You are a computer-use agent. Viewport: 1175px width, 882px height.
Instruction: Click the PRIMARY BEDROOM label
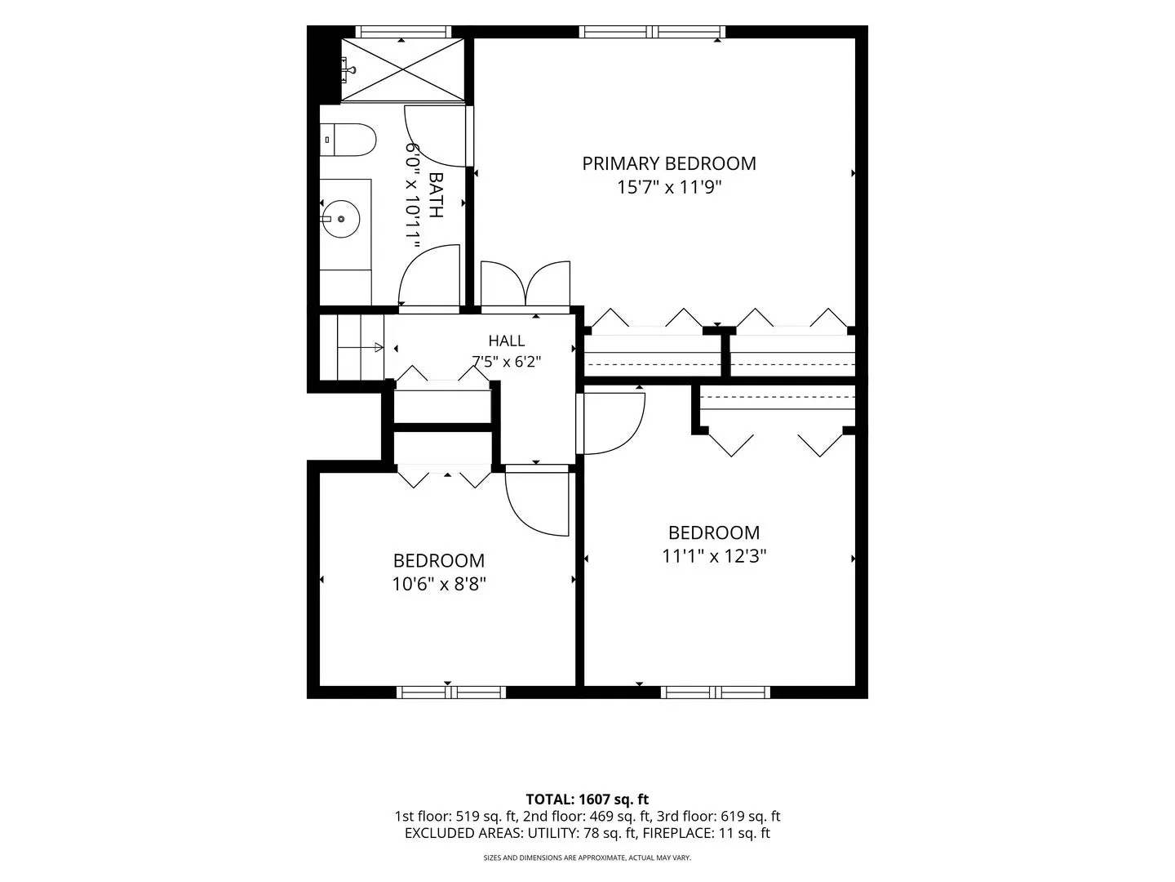coord(668,163)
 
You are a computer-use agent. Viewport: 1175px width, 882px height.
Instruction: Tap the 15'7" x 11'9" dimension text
coord(669,188)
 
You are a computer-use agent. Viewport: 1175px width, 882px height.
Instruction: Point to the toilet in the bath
coord(348,140)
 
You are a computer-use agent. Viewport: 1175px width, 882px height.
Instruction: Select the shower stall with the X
coord(402,69)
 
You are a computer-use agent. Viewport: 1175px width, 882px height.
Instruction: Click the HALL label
coord(507,341)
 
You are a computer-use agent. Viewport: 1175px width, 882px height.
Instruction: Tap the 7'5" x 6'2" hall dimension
coord(507,362)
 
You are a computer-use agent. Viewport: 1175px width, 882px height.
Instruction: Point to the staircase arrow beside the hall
coord(361,348)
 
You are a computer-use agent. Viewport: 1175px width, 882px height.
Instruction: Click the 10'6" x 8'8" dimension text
coord(439,584)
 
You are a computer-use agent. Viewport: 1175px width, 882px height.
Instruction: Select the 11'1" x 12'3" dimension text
coord(714,556)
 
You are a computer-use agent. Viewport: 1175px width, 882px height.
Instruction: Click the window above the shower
coord(403,32)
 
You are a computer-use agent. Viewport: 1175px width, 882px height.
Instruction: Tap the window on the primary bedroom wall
coord(652,32)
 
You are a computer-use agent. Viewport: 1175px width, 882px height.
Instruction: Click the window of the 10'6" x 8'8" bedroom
coord(451,693)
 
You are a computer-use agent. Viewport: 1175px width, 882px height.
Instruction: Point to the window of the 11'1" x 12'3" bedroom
coord(715,693)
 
